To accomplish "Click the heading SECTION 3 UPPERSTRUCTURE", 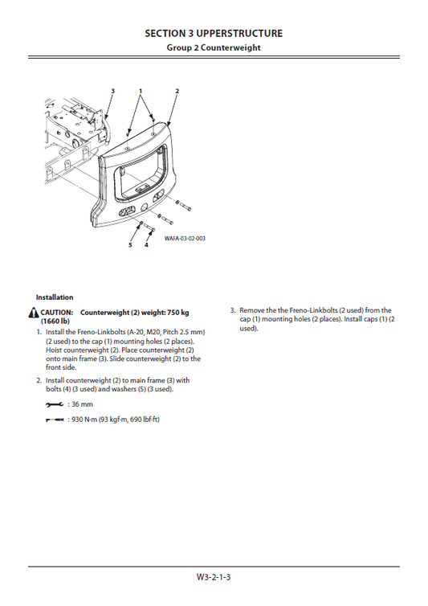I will pyautogui.click(x=214, y=33).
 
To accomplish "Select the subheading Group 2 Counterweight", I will pyautogui.click(x=214, y=47).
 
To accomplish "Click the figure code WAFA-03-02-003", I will pyautogui.click(x=185, y=239).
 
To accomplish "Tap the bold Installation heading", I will pyautogui.click(x=54, y=297).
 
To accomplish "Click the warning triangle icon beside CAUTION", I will pyautogui.click(x=32, y=313).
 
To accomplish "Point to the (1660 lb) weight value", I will pyautogui.click(x=55, y=321).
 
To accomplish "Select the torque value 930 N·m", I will pyautogui.click(x=84, y=420).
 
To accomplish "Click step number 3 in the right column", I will pyautogui.click(x=232, y=310).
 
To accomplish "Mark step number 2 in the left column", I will pyautogui.click(x=39, y=380).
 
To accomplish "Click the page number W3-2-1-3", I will pyautogui.click(x=214, y=576).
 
